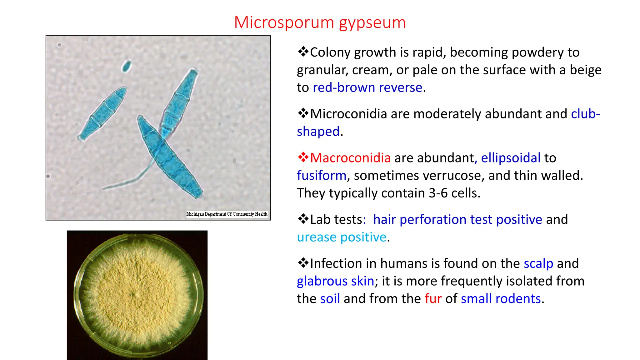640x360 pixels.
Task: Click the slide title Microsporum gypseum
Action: pyautogui.click(x=320, y=22)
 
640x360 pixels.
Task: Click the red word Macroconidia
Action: pyautogui.click(x=350, y=158)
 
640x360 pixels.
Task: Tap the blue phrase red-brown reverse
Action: pyautogui.click(x=367, y=87)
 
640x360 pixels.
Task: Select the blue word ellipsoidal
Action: pyautogui.click(x=511, y=158)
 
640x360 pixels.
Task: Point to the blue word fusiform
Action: pyautogui.click(x=322, y=176)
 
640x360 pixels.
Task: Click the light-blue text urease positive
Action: pyautogui.click(x=342, y=237)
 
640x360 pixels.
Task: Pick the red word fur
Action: pyautogui.click(x=433, y=299)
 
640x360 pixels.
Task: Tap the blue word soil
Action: pyautogui.click(x=330, y=299)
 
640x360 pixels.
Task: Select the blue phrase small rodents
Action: pyautogui.click(x=501, y=299)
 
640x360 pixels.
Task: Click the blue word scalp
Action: pyautogui.click(x=538, y=263)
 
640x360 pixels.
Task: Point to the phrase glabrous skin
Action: pyautogui.click(x=335, y=281)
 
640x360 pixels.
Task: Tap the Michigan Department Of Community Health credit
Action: pyautogui.click(x=227, y=214)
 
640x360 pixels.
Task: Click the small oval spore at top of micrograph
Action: pyautogui.click(x=126, y=66)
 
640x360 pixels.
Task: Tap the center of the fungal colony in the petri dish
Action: pyautogui.click(x=136, y=295)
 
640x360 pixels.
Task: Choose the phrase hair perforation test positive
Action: pyautogui.click(x=457, y=220)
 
